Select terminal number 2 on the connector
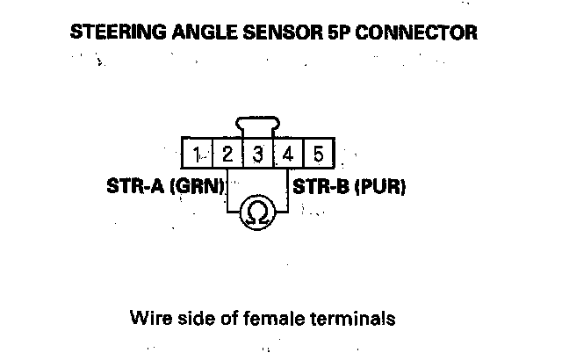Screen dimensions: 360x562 (x=227, y=155)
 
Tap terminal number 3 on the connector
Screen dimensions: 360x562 (x=258, y=155)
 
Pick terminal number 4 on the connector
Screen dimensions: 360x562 (x=288, y=155)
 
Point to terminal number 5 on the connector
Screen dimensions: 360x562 (x=318, y=155)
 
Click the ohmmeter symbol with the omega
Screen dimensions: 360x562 (x=258, y=212)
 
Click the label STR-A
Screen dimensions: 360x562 (x=134, y=187)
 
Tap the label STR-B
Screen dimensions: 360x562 (x=321, y=187)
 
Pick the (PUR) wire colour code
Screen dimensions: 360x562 (x=378, y=187)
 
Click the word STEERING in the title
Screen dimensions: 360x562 (x=113, y=34)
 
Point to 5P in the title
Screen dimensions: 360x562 (x=339, y=34)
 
